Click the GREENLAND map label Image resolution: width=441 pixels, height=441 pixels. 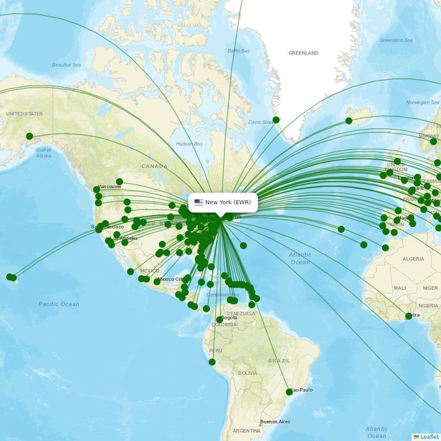[303, 53]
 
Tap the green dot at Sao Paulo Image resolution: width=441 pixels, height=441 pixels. [289, 392]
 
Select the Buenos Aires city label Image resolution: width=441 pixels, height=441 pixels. [275, 422]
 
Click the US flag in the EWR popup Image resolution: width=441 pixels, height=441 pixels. [199, 202]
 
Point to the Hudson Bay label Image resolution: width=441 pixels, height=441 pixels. [189, 144]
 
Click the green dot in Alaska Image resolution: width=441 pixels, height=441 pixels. [29, 136]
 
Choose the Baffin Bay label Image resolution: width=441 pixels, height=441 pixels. [239, 51]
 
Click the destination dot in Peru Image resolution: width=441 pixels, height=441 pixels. [212, 362]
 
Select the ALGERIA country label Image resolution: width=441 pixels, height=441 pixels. [413, 259]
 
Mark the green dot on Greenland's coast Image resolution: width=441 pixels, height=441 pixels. [276, 120]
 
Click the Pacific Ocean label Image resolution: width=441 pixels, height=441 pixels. [59, 304]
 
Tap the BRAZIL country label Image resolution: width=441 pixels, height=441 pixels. [278, 361]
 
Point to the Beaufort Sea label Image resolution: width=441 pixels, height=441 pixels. [66, 65]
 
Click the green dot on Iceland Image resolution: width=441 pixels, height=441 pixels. [349, 121]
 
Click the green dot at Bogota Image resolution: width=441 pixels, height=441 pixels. [219, 320]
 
